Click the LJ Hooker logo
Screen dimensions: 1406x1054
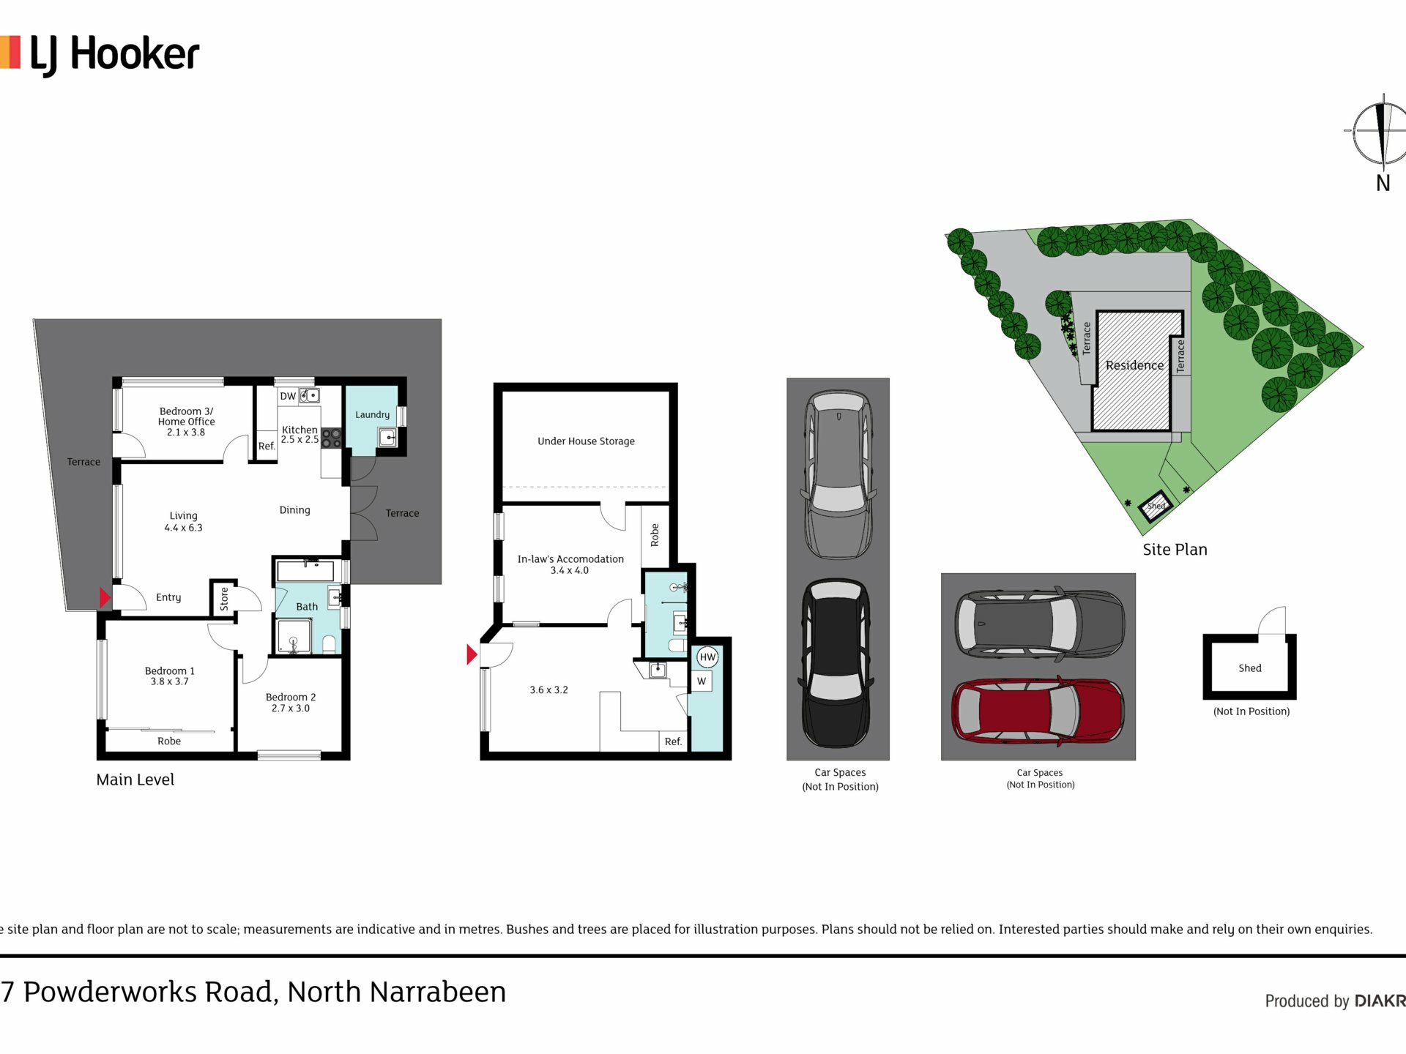pos(100,55)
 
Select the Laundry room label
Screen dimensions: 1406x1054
pos(372,414)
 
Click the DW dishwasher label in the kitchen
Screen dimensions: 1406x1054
pos(288,396)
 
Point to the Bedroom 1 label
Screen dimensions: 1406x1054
pos(170,676)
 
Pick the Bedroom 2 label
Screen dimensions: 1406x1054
pos(291,703)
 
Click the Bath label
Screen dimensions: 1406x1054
pos(307,606)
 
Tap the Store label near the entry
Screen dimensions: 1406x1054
pos(224,598)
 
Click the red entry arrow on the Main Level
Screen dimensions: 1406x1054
pos(105,597)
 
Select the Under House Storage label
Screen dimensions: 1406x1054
pos(586,441)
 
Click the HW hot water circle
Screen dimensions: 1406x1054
pos(707,657)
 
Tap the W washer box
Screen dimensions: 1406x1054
pos(702,681)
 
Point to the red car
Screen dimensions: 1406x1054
pos(1038,711)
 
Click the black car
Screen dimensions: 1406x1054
pos(837,663)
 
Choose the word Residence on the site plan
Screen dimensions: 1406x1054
pos(1134,365)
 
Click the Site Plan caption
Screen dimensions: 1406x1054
pos(1175,550)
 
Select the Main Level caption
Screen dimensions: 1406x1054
pos(135,780)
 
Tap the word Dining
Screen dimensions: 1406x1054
pos(294,510)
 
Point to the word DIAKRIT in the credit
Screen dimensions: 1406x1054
pos(1380,1001)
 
